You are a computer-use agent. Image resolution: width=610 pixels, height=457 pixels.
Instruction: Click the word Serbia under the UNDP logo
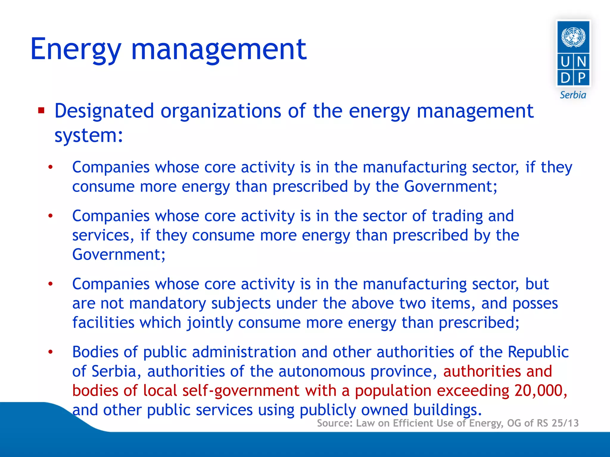[573, 95]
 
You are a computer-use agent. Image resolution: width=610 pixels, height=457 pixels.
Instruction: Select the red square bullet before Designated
[41, 111]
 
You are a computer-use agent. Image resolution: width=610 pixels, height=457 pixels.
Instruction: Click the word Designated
[104, 111]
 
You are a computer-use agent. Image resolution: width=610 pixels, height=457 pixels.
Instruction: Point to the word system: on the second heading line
[88, 136]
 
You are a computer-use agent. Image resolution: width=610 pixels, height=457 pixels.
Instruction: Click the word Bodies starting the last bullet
[95, 352]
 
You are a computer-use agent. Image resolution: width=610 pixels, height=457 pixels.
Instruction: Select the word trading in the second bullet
[457, 216]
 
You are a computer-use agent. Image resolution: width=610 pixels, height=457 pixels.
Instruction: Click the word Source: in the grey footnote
[334, 423]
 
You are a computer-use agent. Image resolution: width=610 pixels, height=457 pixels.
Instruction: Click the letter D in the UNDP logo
[565, 78]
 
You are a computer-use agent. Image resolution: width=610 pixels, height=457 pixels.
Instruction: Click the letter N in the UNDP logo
[581, 62]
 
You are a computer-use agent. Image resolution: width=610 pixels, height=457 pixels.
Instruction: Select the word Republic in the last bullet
[538, 352]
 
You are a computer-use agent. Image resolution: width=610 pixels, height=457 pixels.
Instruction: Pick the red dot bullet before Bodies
[51, 352]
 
